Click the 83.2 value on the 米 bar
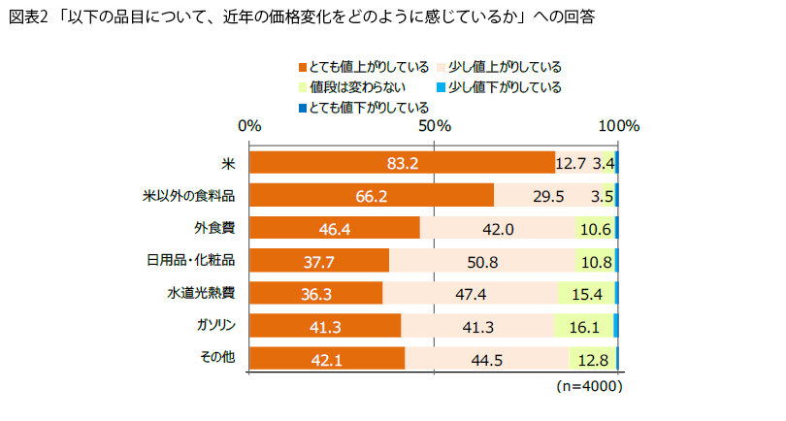[x=402, y=163]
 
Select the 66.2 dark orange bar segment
[x=372, y=195]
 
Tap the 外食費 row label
[x=214, y=228]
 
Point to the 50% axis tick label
[x=434, y=126]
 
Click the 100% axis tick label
[x=617, y=126]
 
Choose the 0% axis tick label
[x=250, y=126]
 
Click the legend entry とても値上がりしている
[x=364, y=67]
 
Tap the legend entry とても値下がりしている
[x=364, y=107]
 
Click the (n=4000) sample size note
[x=588, y=385]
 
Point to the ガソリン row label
[x=217, y=325]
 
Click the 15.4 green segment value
[x=585, y=294]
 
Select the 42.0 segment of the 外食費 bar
[x=496, y=228]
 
